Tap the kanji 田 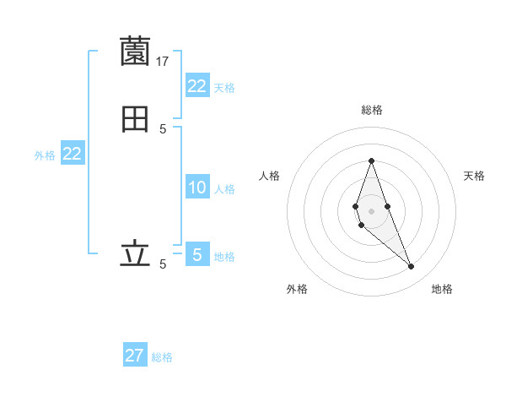[x=135, y=120]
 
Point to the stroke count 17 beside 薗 [x=163, y=61]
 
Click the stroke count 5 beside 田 [x=163, y=129]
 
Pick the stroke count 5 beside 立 [x=163, y=264]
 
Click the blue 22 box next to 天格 [x=197, y=86]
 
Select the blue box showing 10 [x=197, y=188]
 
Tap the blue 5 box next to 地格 [x=197, y=253]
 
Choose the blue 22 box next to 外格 [x=73, y=154]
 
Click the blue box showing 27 [x=135, y=355]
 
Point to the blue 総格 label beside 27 [x=162, y=357]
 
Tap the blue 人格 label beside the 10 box [x=224, y=189]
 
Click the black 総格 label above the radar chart [x=371, y=110]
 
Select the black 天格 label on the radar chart [x=474, y=176]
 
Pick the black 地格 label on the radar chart [x=442, y=289]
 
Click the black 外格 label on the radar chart [x=297, y=289]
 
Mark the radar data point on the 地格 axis [x=411, y=267]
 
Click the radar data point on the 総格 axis [x=371, y=160]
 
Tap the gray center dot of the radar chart [x=371, y=210]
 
